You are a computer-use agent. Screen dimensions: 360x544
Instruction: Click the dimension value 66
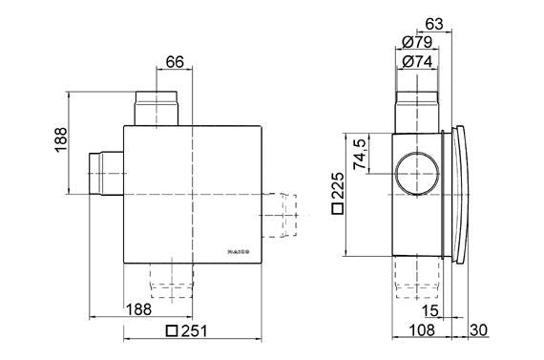pos(175,62)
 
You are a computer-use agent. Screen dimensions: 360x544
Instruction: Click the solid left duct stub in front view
pos(104,173)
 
